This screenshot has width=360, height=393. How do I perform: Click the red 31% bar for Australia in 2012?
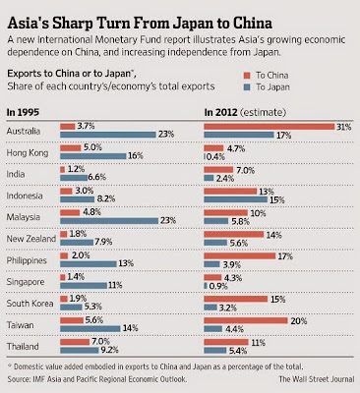[270, 127]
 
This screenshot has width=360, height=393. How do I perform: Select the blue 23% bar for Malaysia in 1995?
[109, 221]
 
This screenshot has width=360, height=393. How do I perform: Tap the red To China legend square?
[247, 76]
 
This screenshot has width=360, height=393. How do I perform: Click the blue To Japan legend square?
[247, 87]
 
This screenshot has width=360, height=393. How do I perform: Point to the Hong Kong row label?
[28, 153]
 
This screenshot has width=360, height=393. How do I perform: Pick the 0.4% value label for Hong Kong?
[215, 157]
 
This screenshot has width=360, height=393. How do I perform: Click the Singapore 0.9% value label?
[218, 286]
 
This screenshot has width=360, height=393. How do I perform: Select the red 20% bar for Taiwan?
[246, 320]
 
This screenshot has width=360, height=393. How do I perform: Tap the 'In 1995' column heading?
[23, 112]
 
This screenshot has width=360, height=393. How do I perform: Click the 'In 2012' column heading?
[220, 112]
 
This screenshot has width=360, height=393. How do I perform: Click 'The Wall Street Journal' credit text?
[317, 379]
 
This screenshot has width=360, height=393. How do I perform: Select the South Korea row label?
[30, 304]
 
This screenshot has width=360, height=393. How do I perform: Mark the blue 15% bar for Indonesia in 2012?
[236, 199]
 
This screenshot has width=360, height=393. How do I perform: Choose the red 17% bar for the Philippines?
[240, 256]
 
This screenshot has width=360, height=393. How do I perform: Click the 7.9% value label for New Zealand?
[103, 242]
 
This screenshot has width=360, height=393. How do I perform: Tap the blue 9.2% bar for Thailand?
[80, 350]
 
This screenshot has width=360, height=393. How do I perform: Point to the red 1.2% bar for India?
[63, 170]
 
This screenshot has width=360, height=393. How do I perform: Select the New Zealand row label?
[31, 239]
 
